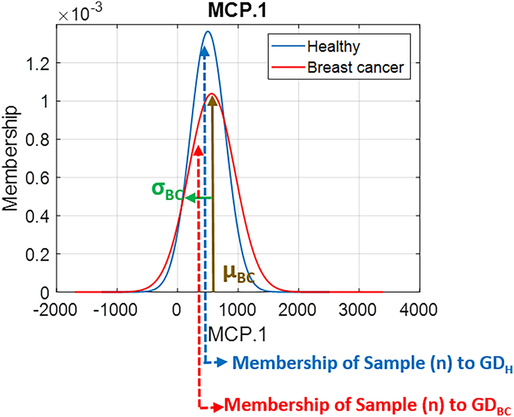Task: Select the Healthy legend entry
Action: (x=332, y=46)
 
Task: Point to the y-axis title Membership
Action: (x=12, y=160)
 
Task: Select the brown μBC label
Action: (x=237, y=274)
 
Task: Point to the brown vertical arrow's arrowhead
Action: (x=212, y=102)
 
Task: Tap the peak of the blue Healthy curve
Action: (x=208, y=32)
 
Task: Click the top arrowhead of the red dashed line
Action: (x=199, y=149)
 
